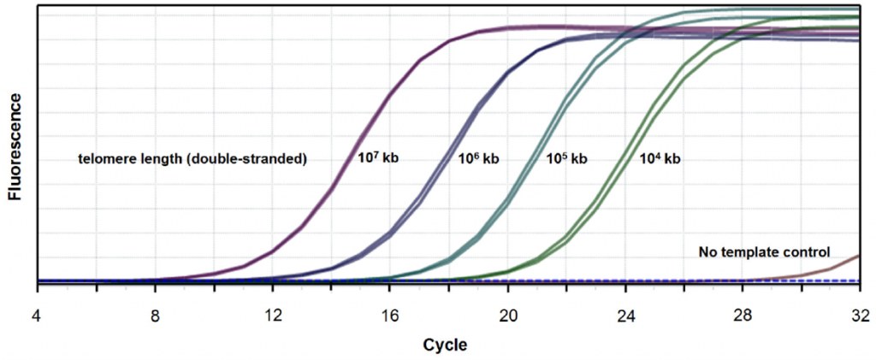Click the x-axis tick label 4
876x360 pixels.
(x=38, y=313)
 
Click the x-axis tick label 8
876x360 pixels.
(x=155, y=313)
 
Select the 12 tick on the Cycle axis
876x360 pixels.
(x=272, y=313)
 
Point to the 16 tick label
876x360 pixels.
(x=389, y=313)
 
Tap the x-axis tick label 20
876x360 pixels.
(x=507, y=313)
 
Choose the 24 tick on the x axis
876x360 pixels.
(x=624, y=313)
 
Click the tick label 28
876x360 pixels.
(x=742, y=313)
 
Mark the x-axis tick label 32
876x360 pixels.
(x=859, y=313)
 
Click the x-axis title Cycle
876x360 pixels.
(x=445, y=345)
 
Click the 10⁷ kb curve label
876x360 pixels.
(x=378, y=157)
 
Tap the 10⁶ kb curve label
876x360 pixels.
(x=478, y=158)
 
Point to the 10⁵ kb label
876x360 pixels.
(x=566, y=158)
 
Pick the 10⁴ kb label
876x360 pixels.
(x=660, y=158)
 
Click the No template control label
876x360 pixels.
(x=764, y=252)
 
